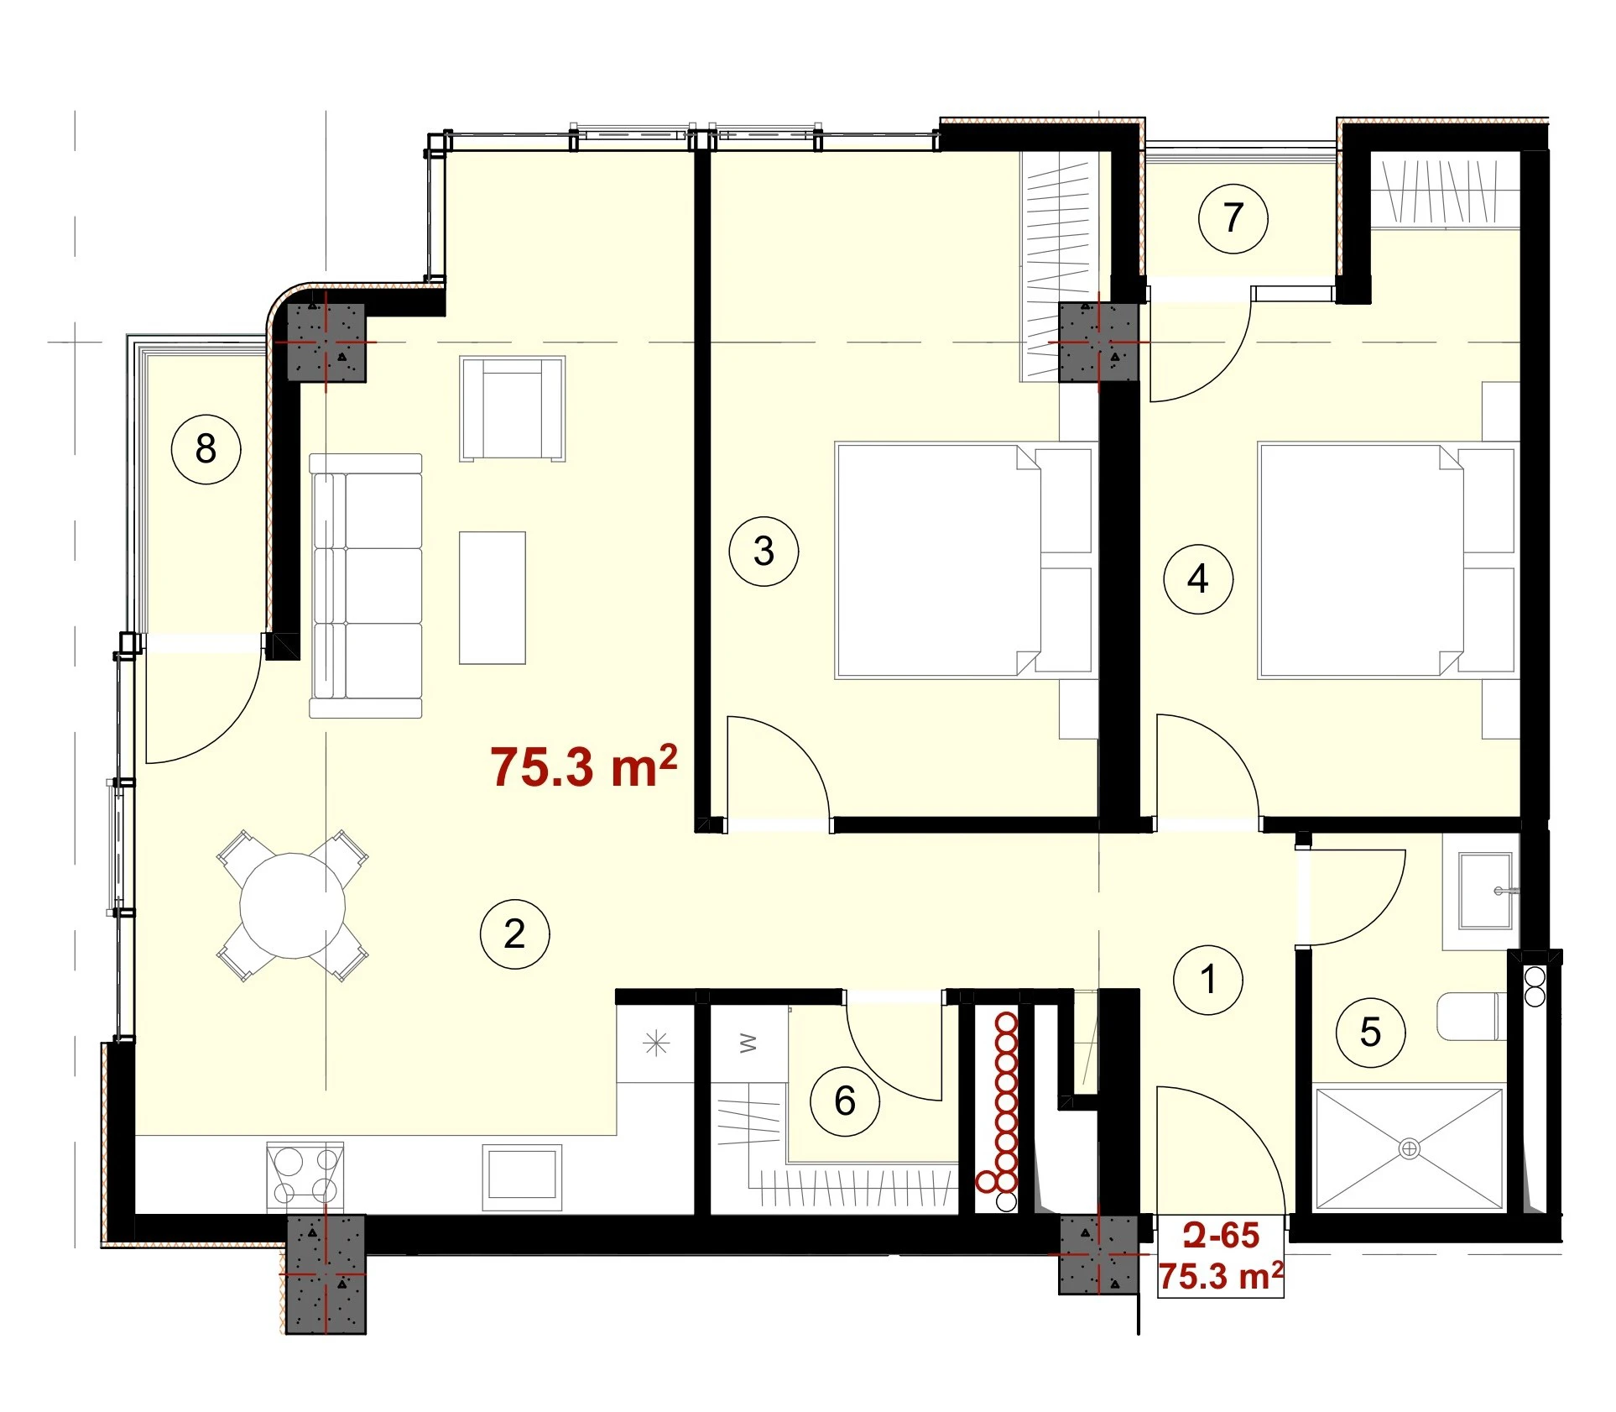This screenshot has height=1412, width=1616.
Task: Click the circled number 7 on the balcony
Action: pos(1233,218)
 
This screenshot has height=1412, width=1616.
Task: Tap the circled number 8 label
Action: pos(206,448)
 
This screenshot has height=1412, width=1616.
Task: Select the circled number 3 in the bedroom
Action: pos(764,551)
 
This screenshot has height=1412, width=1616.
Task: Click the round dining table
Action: pos(292,906)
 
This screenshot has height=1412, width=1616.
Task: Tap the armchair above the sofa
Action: pos(512,409)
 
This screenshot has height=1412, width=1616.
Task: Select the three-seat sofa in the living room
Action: pos(366,586)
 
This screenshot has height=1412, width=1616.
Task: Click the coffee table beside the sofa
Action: pos(493,598)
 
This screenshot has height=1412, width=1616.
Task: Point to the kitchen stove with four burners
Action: pos(305,1176)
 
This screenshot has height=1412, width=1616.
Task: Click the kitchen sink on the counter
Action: pos(522,1175)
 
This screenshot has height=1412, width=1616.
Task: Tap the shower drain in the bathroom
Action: pos(1410,1148)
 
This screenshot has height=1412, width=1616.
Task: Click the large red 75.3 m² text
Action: pos(584,766)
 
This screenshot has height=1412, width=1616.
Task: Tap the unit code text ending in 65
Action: pos(1222,1235)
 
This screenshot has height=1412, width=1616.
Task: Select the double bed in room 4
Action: pos(1388,560)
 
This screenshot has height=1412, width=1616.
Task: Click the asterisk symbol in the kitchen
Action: pos(656,1043)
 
